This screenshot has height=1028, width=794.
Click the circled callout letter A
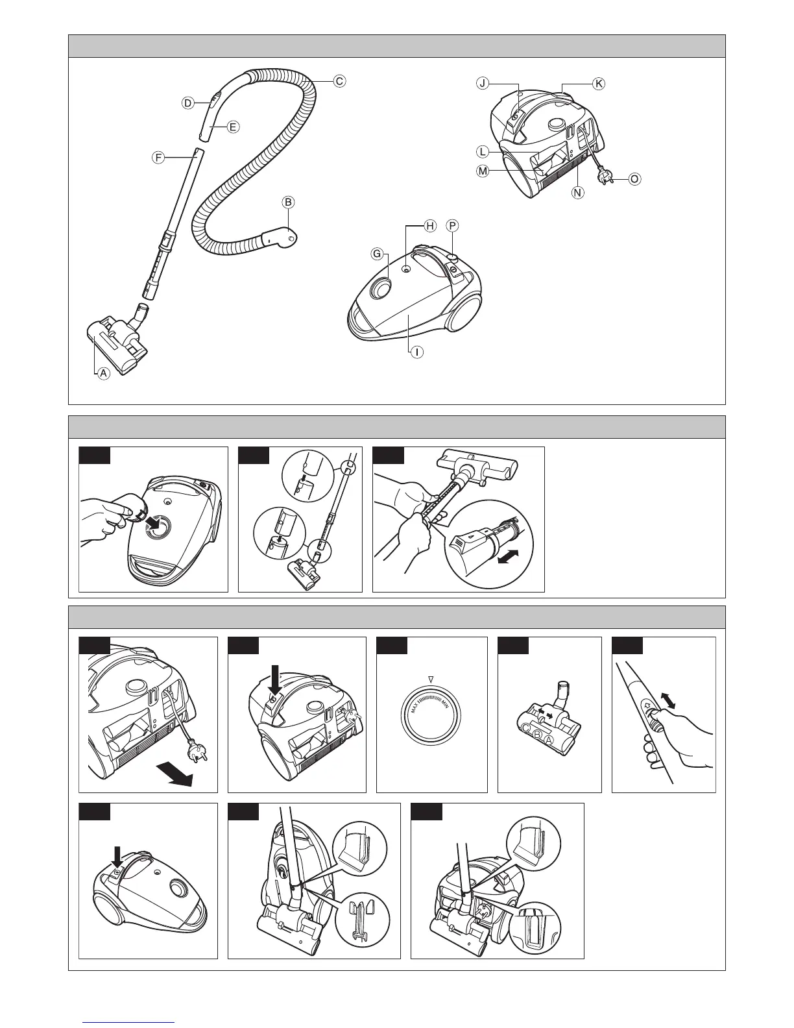click(104, 373)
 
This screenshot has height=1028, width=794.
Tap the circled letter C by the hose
click(339, 81)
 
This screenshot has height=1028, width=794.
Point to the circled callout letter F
click(158, 158)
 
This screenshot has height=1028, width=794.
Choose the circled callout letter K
click(599, 83)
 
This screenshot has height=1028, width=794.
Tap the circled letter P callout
click(453, 226)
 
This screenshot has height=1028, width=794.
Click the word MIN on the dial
click(445, 704)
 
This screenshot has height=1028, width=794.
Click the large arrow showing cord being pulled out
click(175, 776)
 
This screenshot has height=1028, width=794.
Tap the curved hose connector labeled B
click(280, 236)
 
